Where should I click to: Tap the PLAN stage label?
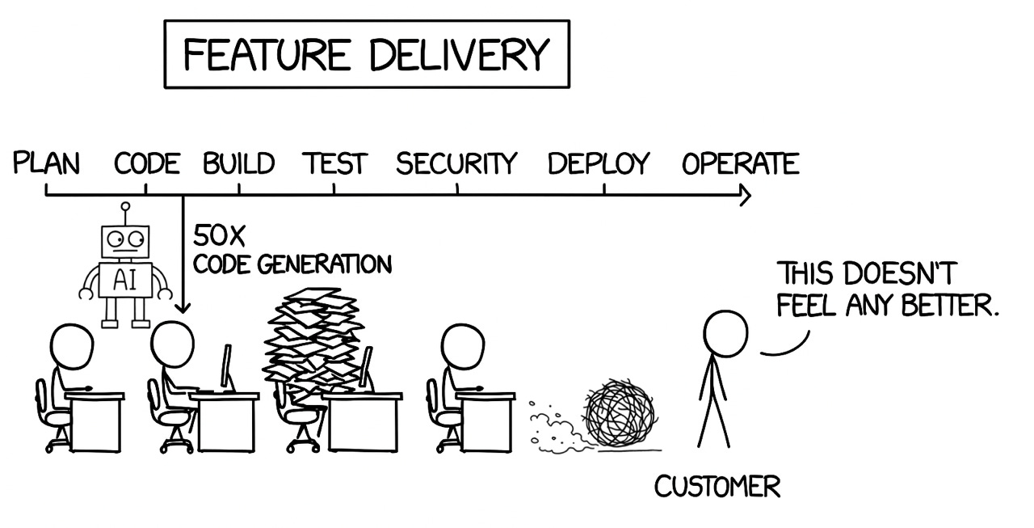click(x=47, y=164)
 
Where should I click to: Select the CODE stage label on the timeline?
click(x=146, y=164)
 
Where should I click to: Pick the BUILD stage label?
click(x=238, y=164)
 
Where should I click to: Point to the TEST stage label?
click(x=334, y=164)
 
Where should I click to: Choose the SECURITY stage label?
click(x=456, y=164)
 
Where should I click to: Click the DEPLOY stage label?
click(x=598, y=164)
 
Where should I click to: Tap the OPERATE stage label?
click(x=740, y=164)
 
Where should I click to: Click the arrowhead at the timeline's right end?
click(x=746, y=196)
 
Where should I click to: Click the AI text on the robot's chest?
click(x=124, y=280)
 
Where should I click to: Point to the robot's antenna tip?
click(x=124, y=207)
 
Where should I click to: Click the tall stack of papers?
click(x=310, y=340)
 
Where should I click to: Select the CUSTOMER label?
click(x=717, y=487)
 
